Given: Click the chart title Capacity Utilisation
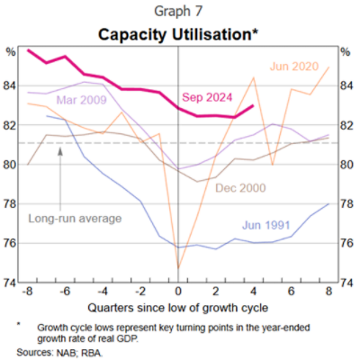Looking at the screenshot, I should point(179,33).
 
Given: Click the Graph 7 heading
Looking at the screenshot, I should point(179,13).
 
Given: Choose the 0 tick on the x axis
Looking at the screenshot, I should point(178,292).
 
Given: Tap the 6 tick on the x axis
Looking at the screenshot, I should point(292,292).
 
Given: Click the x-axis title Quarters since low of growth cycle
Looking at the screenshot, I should point(178,307).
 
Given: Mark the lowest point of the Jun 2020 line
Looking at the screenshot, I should point(178,268).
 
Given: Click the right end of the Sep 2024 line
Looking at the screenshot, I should point(254,106).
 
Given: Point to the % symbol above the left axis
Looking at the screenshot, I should point(11,52).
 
